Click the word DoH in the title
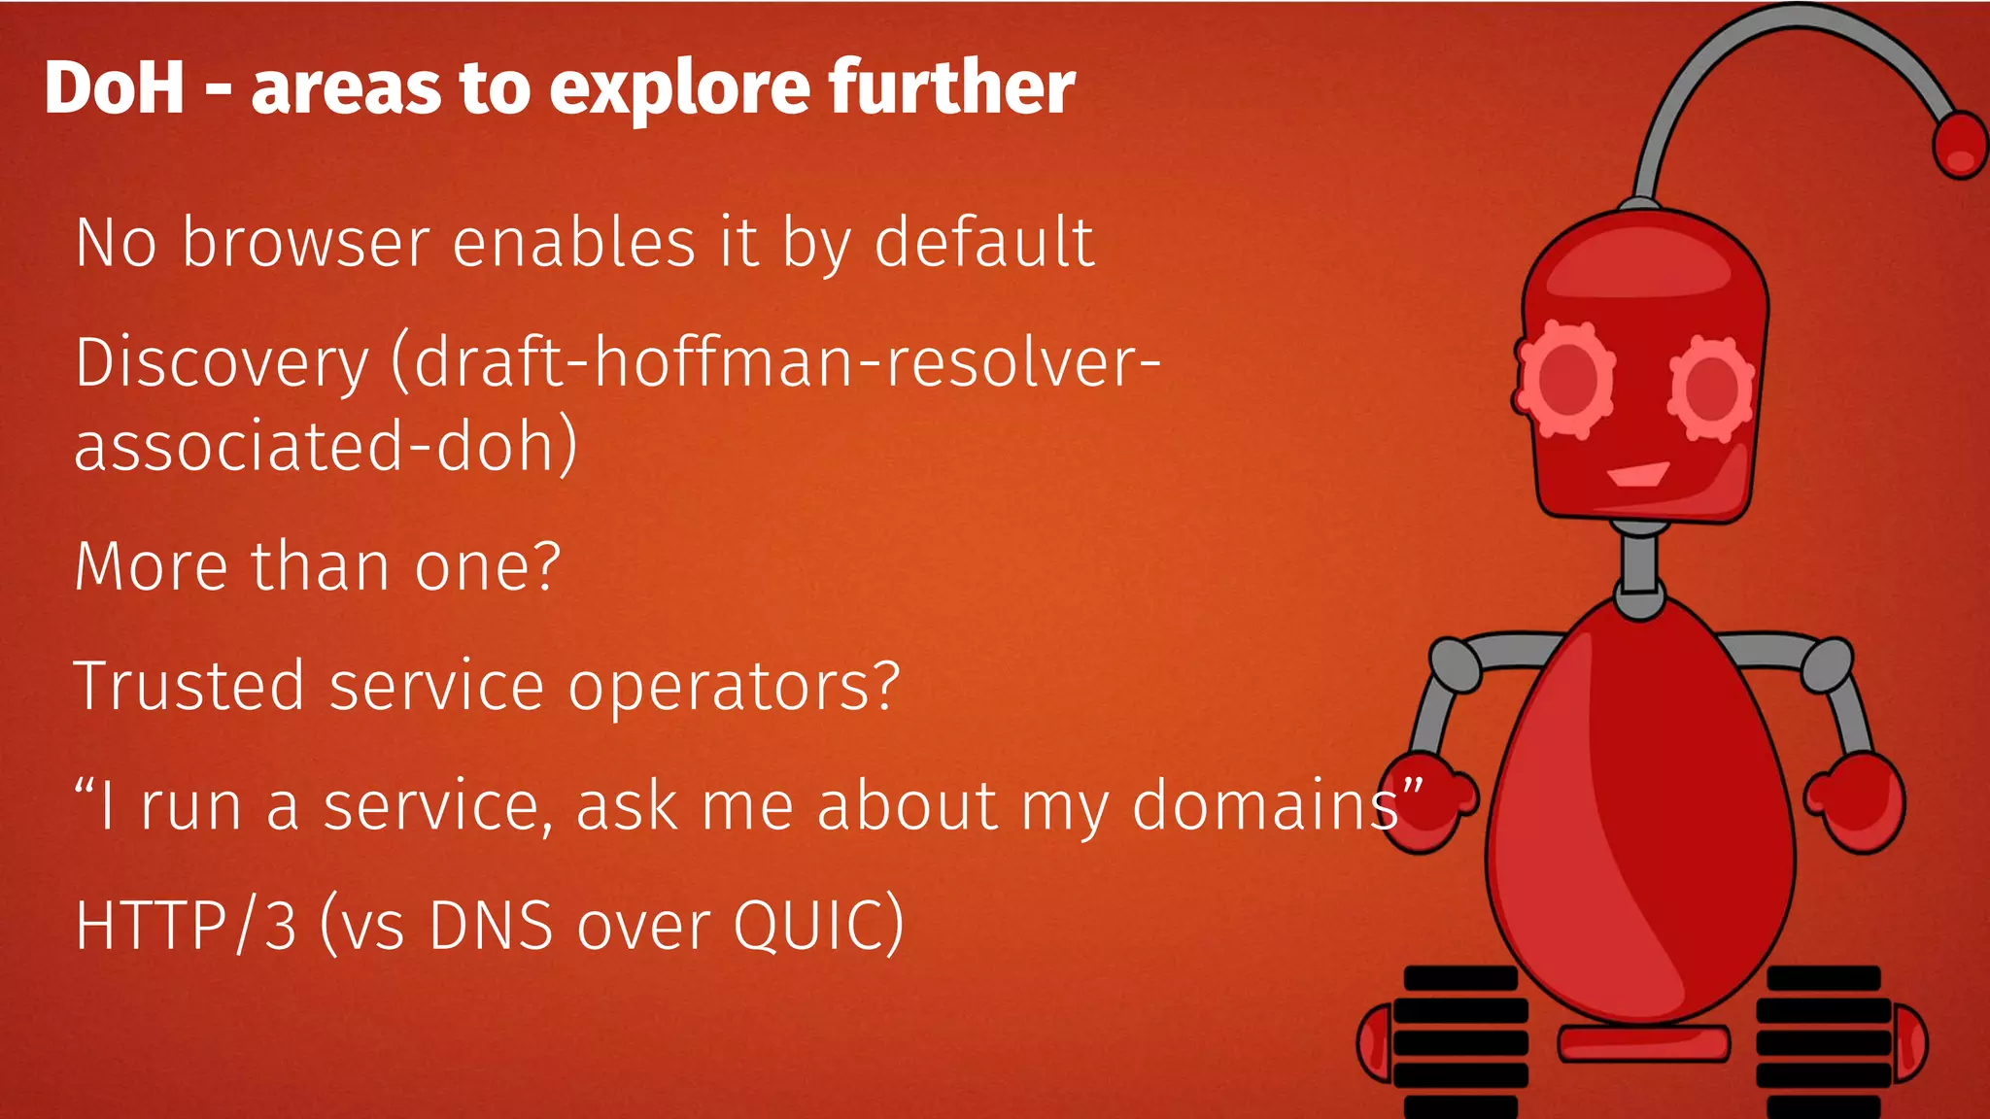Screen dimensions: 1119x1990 coord(115,88)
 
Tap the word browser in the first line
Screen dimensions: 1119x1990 coord(306,243)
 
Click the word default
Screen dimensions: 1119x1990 coord(984,243)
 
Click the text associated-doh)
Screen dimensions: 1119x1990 coord(326,447)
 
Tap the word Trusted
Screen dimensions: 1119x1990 coord(189,686)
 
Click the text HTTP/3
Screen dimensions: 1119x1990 coord(186,926)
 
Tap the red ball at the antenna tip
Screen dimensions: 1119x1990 coord(1959,145)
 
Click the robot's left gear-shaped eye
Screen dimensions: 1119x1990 coord(1564,379)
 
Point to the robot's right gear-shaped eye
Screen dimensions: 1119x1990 coord(1712,388)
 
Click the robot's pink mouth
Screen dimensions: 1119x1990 coord(1638,475)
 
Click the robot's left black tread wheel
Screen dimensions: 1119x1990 coord(1457,1039)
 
